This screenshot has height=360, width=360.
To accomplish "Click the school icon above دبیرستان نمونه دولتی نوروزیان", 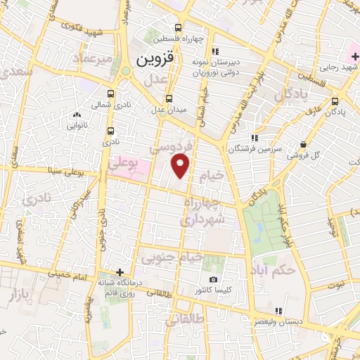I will (x=216, y=51).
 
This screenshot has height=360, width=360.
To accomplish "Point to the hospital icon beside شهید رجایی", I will (x=354, y=56).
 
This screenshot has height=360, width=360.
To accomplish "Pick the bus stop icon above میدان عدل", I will (x=168, y=98).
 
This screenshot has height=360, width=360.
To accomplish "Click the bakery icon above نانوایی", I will (x=77, y=115).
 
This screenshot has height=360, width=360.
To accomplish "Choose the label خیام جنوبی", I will (x=173, y=259).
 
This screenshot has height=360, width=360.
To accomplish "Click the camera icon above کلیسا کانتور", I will (x=214, y=279).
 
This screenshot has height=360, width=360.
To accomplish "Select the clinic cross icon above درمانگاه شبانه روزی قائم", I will (x=120, y=271).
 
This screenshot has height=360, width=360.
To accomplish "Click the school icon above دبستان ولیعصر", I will (x=279, y=311).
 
